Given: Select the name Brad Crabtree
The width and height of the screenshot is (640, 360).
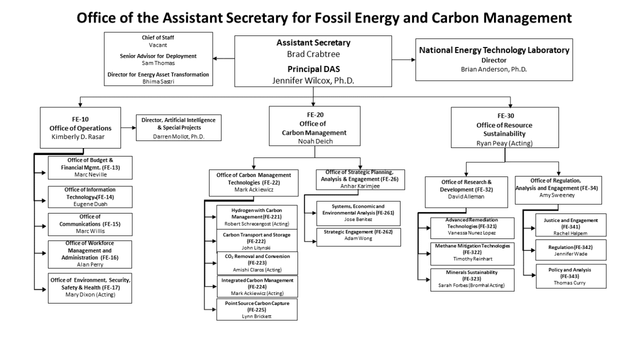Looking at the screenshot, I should [313, 54].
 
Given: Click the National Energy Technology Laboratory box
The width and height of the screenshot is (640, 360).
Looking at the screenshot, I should [494, 59].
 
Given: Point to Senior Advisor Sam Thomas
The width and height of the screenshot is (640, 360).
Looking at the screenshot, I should [158, 62].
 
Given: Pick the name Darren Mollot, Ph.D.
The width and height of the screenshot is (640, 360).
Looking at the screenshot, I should [178, 137].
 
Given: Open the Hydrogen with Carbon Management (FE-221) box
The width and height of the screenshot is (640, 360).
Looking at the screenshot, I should [257, 217].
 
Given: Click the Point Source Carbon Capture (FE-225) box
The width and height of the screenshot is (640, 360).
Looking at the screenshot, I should [257, 309].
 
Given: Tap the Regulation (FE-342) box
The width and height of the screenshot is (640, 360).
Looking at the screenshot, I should [564, 250].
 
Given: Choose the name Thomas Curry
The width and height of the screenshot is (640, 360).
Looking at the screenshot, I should [564, 283].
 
